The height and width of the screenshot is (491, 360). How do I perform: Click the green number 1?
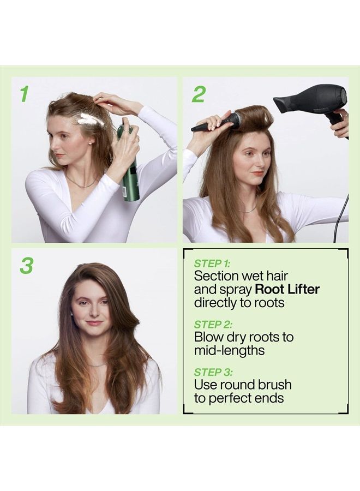click(x=24, y=94)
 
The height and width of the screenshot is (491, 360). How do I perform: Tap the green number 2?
click(x=199, y=94)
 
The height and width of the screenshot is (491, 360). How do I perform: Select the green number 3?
click(x=26, y=266)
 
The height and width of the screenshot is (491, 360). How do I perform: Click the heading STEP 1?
click(x=212, y=263)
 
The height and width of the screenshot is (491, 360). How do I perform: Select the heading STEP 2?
click(x=213, y=325)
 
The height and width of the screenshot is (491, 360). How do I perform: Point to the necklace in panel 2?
click(x=249, y=211)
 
